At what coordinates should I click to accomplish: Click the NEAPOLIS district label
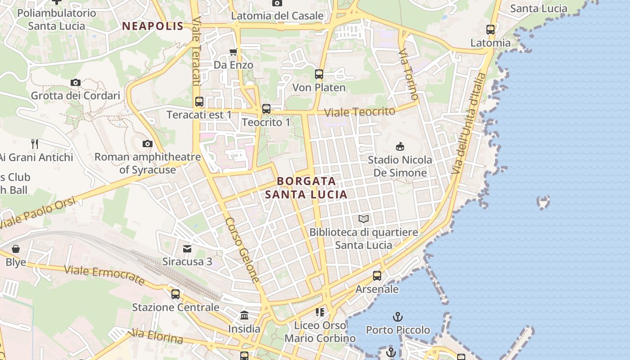(153, 26)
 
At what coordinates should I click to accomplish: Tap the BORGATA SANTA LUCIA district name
(306, 188)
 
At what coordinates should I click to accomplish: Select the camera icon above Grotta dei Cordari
(76, 82)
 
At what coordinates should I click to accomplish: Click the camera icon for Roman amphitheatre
(147, 144)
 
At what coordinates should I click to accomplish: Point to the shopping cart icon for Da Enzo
(233, 52)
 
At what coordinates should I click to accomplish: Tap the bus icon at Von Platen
(319, 74)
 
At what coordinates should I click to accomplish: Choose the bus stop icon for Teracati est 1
(199, 102)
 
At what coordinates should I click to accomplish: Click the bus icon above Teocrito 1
(266, 109)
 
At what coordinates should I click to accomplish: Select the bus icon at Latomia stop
(490, 30)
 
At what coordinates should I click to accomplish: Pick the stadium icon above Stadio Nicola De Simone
(400, 146)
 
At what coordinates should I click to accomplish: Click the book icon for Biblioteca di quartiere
(364, 219)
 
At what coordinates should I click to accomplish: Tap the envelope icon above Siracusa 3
(187, 248)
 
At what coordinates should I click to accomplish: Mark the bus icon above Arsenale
(377, 276)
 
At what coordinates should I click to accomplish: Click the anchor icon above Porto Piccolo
(398, 317)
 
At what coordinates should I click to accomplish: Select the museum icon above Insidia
(244, 315)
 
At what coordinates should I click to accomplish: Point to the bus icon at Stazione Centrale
(175, 294)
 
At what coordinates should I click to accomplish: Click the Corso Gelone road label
(243, 250)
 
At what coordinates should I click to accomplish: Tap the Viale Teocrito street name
(360, 112)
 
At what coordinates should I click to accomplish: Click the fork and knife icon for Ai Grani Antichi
(35, 144)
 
